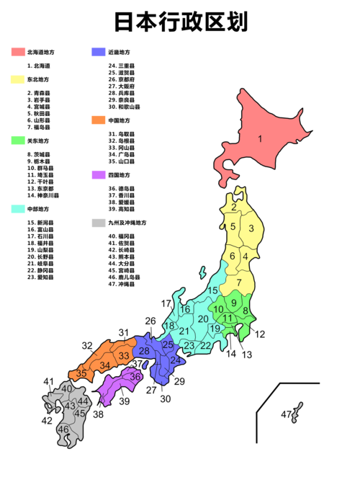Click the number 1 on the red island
tap(260, 138)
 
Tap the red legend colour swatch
tap(18, 52)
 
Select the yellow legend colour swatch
tap(18, 80)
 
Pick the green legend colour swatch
tap(18, 141)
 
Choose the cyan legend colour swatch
tap(18, 209)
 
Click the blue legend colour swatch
tap(99, 52)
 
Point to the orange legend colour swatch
tap(99, 120)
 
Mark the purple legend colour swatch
tap(99, 175)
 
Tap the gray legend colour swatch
tap(99, 223)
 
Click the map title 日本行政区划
tap(181, 22)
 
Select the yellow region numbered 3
tap(251, 229)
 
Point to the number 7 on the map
tap(239, 282)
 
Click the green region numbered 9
tap(234, 303)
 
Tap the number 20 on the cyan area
tap(203, 319)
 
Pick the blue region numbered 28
tap(144, 351)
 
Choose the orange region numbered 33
tap(125, 356)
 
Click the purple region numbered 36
tap(135, 376)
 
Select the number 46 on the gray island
tap(63, 429)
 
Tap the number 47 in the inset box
tap(286, 414)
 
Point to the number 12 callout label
tap(260, 334)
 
